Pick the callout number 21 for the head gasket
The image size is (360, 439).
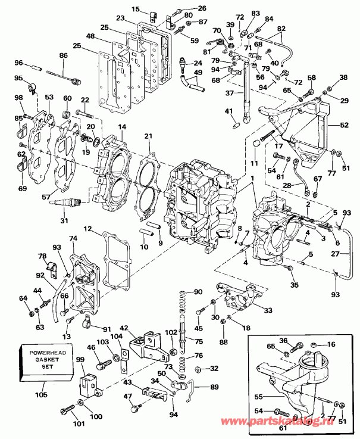click(148, 136)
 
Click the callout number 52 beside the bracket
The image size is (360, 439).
click(343, 126)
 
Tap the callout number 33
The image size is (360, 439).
click(268, 310)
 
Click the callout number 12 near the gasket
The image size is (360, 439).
click(87, 229)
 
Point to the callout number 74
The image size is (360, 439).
click(73, 238)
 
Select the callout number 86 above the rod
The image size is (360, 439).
click(64, 55)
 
